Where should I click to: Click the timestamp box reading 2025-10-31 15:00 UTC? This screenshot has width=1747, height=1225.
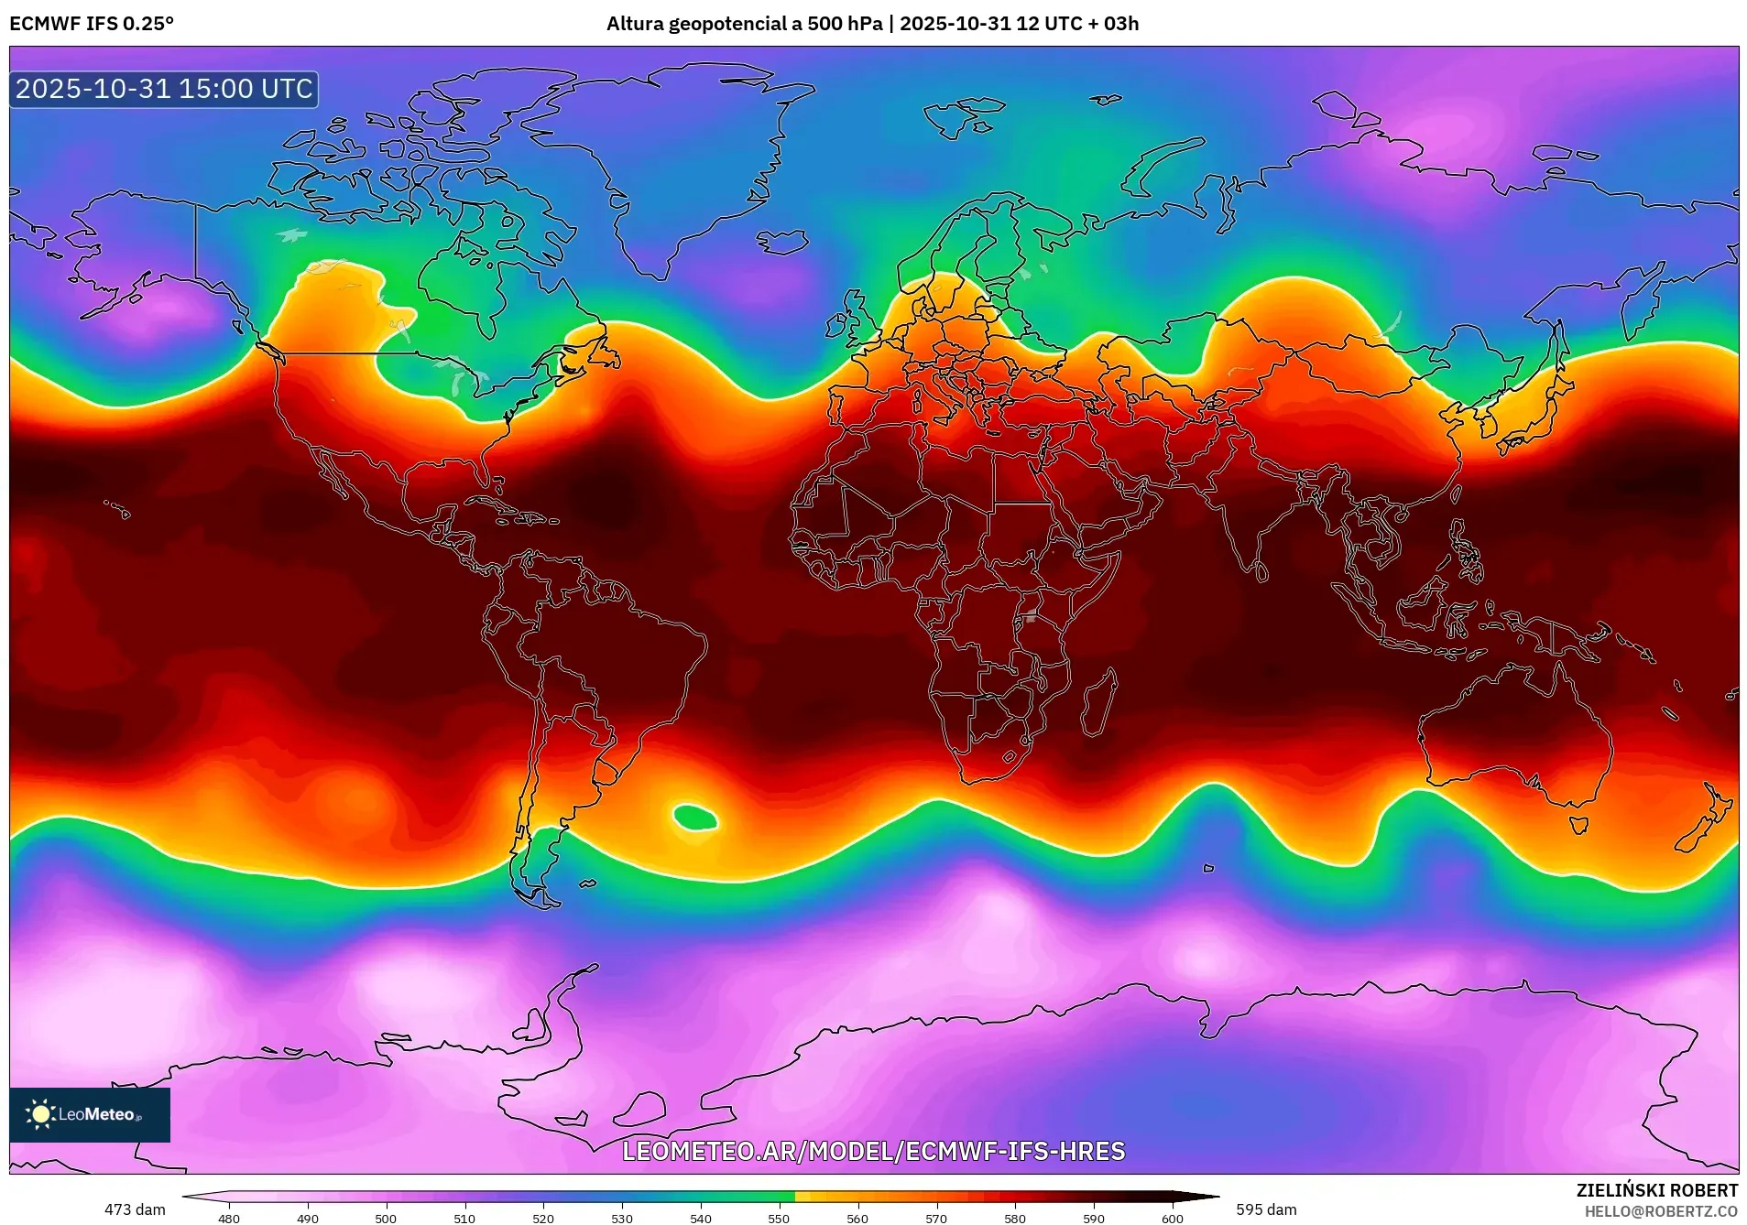pyautogui.click(x=164, y=89)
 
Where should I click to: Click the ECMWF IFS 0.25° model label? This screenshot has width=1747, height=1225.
pyautogui.click(x=92, y=24)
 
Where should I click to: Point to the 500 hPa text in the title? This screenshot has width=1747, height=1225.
pyautogui.click(x=844, y=24)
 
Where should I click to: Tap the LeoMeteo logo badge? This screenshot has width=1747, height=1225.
pyautogui.click(x=90, y=1114)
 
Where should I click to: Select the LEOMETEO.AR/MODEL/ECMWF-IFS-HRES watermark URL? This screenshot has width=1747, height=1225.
pyautogui.click(x=873, y=1151)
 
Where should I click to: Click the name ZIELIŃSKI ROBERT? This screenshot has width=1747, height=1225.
pyautogui.click(x=1656, y=1190)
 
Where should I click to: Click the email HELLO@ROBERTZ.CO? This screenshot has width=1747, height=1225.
pyautogui.click(x=1661, y=1211)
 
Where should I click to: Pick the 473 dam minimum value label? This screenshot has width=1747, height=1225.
pyautogui.click(x=135, y=1209)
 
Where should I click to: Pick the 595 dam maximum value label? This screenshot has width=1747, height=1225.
pyautogui.click(x=1266, y=1209)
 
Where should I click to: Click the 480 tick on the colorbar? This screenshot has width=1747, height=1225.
pyautogui.click(x=229, y=1219)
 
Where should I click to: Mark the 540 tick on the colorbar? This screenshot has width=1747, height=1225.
pyautogui.click(x=701, y=1219)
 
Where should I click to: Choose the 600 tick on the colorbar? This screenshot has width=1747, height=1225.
pyautogui.click(x=1173, y=1219)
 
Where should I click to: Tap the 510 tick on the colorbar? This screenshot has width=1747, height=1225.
pyautogui.click(x=464, y=1219)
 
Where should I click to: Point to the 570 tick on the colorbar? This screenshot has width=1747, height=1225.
pyautogui.click(x=936, y=1219)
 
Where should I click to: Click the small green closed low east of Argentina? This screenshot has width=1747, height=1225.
pyautogui.click(x=695, y=816)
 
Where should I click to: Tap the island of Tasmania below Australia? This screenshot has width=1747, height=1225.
pyautogui.click(x=1578, y=825)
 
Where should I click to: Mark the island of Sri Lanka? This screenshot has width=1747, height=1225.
pyautogui.click(x=1261, y=572)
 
